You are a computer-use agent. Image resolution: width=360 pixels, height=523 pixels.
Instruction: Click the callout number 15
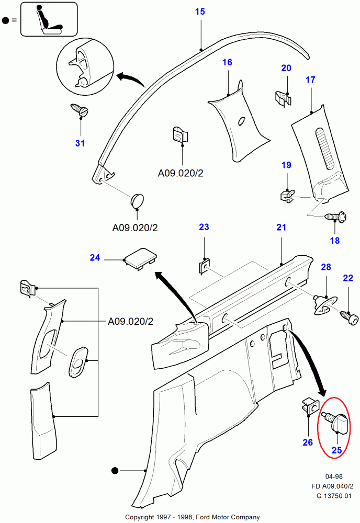click(x=201, y=12)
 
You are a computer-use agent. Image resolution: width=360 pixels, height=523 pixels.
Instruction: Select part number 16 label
click(x=227, y=62)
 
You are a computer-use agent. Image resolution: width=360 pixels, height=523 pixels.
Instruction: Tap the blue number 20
click(x=286, y=68)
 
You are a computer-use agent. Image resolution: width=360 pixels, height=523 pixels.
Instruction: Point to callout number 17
click(x=310, y=80)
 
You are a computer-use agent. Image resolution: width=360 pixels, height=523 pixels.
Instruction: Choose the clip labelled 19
click(x=286, y=195)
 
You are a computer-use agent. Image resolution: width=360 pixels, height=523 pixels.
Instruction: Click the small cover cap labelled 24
click(x=140, y=259)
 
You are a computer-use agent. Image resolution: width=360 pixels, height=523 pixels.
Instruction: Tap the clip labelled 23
click(x=204, y=267)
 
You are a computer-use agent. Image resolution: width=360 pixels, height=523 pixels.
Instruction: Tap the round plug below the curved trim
click(x=138, y=201)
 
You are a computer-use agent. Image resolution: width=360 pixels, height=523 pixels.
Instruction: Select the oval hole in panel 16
click(x=242, y=121)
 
